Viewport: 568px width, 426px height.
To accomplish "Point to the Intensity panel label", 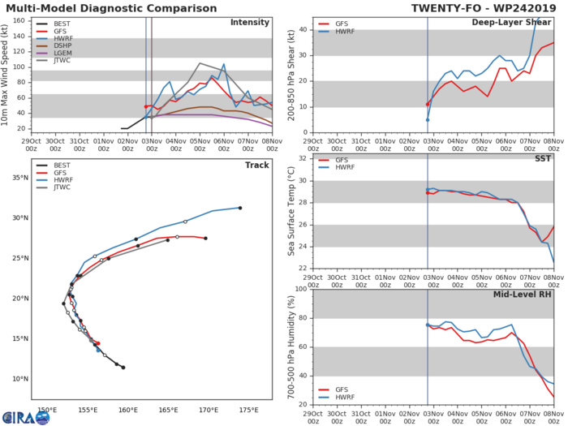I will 250,23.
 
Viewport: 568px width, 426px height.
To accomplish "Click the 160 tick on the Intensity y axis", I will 26,20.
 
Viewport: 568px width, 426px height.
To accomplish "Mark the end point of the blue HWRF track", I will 240,208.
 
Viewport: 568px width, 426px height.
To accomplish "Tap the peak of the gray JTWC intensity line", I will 200,63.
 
